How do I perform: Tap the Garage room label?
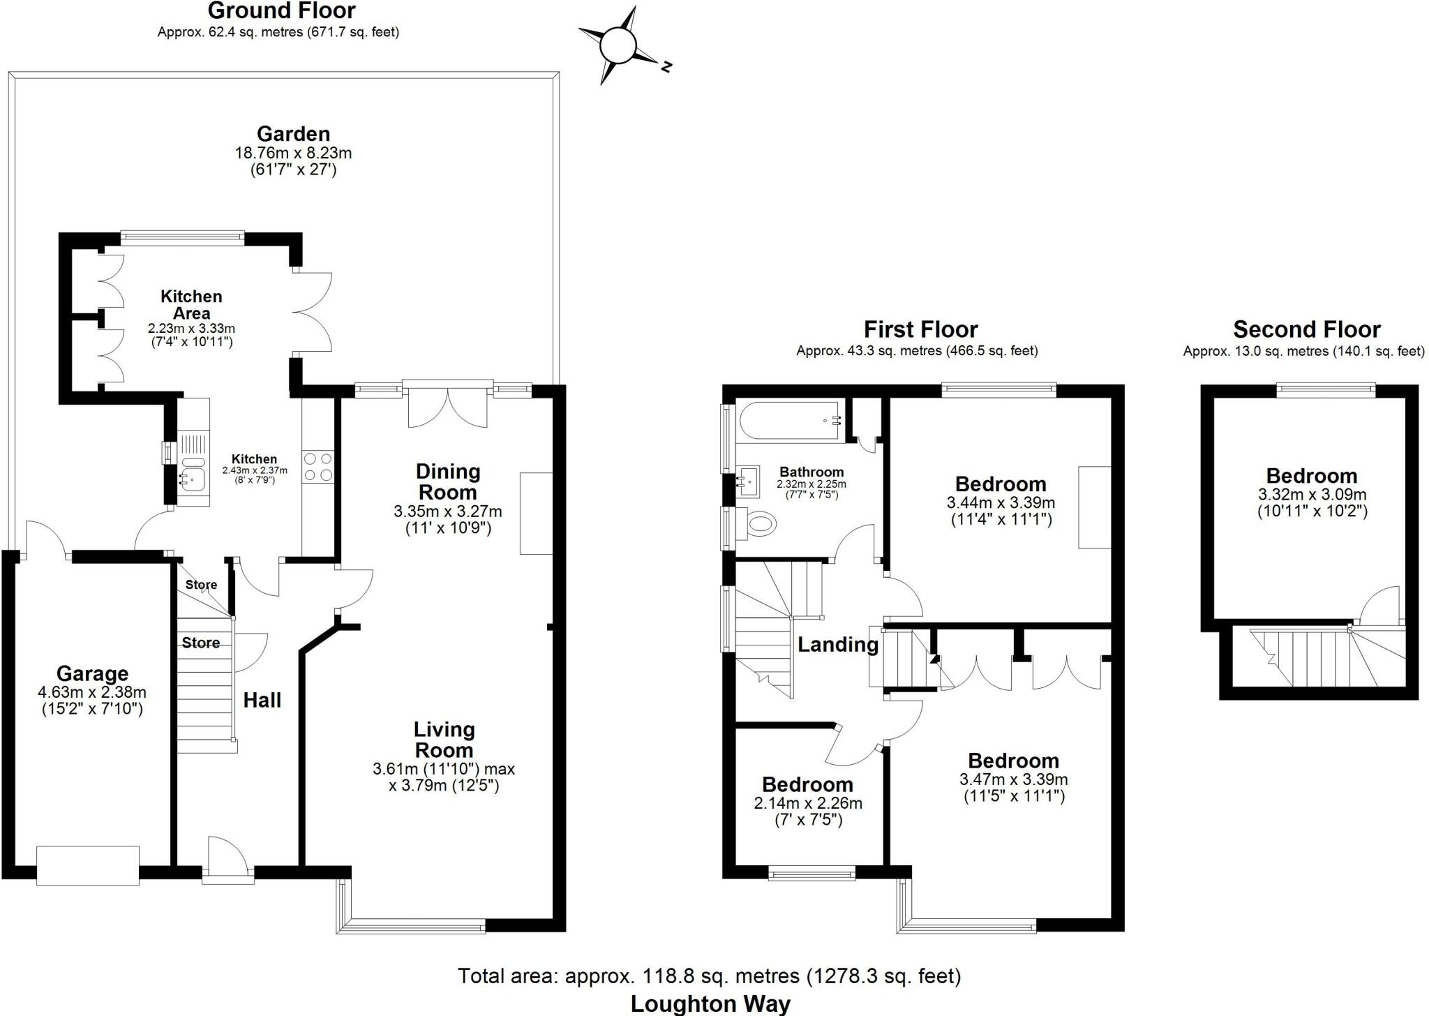click(92, 674)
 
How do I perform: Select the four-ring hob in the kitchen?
click(317, 466)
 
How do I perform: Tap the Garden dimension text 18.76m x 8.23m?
click(293, 153)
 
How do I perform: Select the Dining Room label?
click(448, 481)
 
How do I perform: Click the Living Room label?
click(444, 740)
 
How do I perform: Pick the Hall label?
click(262, 700)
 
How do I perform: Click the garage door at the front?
click(88, 865)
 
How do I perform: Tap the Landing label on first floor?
click(837, 644)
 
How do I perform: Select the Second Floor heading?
click(1306, 329)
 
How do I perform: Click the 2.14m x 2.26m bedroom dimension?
click(808, 803)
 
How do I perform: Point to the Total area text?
click(709, 976)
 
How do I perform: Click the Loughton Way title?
click(710, 1003)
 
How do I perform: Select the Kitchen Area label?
click(191, 305)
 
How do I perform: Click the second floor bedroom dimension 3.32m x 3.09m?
click(1312, 495)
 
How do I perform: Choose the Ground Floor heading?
click(281, 10)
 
